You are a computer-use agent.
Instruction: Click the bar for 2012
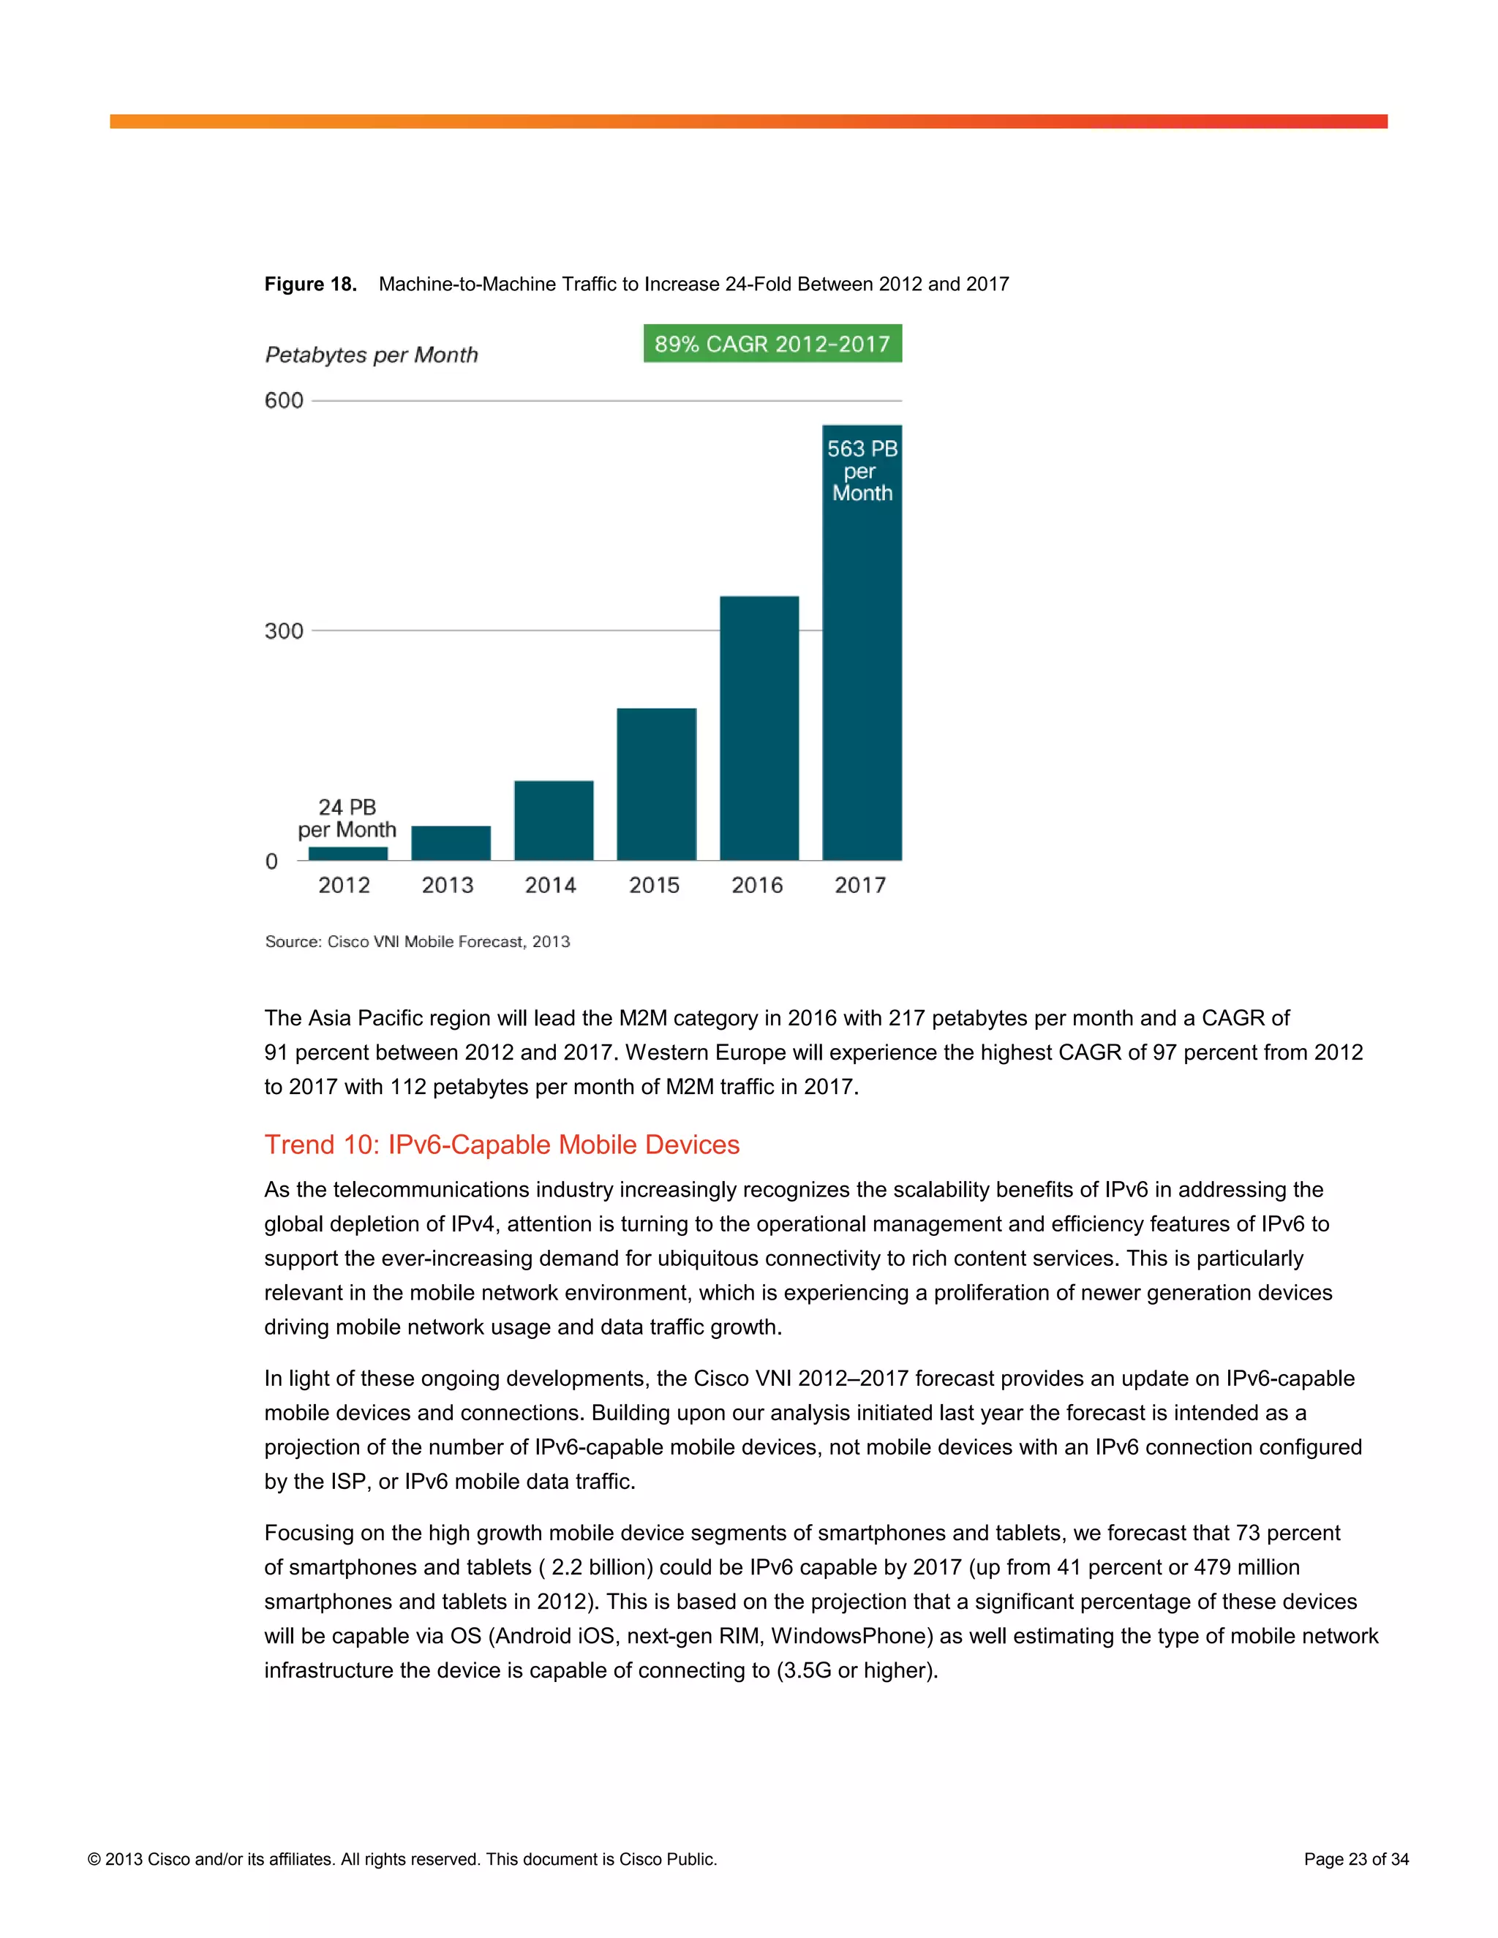click(x=348, y=853)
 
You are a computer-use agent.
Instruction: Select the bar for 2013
click(x=451, y=843)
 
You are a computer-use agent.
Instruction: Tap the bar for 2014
click(x=554, y=821)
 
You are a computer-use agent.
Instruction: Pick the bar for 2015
click(x=657, y=785)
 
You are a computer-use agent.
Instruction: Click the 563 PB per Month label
click(x=862, y=471)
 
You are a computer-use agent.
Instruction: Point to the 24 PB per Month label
click(x=347, y=818)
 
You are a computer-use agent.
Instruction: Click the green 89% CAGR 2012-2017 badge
click(x=772, y=344)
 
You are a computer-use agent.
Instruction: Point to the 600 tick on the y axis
click(x=284, y=400)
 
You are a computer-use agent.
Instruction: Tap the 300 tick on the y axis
click(x=284, y=631)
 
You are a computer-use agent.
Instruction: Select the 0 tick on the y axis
click(x=271, y=861)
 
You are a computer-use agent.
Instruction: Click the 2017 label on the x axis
click(x=860, y=885)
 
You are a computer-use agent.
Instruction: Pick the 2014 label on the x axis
click(x=550, y=885)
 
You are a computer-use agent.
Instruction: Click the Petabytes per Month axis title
click(x=371, y=355)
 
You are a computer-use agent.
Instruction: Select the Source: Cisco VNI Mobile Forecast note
click(x=417, y=941)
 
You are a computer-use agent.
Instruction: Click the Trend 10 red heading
click(x=501, y=1145)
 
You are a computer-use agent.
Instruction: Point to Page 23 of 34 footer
click(x=1356, y=1859)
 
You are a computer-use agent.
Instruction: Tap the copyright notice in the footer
click(x=402, y=1859)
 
